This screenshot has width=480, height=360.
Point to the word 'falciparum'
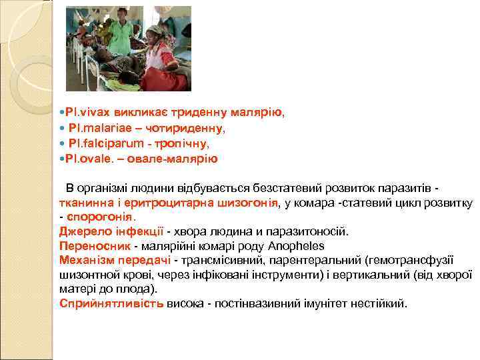point(113,144)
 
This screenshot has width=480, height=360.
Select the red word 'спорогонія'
point(100,217)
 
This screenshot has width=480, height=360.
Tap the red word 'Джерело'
point(82,231)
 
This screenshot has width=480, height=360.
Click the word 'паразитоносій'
point(311,231)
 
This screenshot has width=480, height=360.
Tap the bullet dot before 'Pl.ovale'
point(62,159)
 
